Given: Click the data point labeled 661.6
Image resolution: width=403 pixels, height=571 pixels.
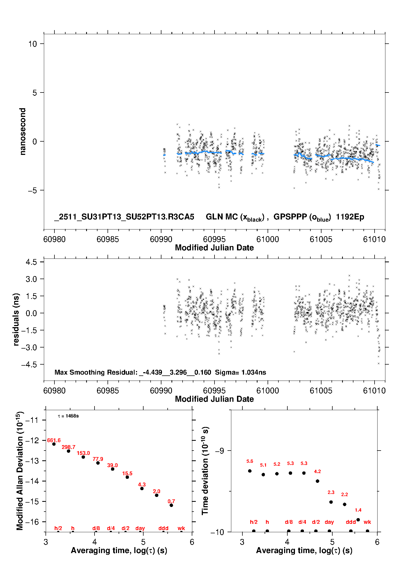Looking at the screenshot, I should coord(54,444).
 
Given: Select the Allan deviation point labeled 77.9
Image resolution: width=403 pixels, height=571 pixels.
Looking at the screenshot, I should coord(98,463).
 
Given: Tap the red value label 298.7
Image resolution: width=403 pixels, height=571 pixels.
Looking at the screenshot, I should coord(69,447).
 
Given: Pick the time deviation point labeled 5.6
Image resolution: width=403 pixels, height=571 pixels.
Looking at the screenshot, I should coord(250,471).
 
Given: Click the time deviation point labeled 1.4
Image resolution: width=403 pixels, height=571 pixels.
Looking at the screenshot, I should coord(358,520).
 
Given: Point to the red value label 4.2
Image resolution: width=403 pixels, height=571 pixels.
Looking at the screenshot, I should coord(317,471).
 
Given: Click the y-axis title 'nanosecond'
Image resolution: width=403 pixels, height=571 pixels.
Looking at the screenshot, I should coord(23,132).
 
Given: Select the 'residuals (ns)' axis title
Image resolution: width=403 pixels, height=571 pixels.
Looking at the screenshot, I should coord(16,320).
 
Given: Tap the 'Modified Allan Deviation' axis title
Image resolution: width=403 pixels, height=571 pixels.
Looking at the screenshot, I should coord(20,471).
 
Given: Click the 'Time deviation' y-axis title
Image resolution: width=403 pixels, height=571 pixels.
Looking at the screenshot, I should coord(205,471).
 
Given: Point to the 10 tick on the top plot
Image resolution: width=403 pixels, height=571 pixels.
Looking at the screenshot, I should coord(33,44).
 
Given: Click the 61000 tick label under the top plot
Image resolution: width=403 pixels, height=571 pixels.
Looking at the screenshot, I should coord(268,239).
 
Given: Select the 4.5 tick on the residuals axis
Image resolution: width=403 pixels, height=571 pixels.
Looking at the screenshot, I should coord(31,262).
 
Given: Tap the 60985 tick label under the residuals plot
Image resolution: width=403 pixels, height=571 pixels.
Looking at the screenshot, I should coord(108,391).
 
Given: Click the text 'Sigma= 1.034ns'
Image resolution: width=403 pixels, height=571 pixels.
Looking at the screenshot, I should coord(240,372).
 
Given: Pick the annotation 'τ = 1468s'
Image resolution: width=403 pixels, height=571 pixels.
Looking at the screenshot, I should coord(68,416).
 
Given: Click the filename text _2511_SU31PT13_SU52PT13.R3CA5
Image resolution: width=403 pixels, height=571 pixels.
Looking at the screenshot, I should coord(124,217).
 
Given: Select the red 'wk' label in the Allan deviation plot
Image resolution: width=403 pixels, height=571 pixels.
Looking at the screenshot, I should coord(181,528).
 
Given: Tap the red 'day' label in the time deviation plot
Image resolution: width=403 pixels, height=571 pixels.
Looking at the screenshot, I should coord(329,522).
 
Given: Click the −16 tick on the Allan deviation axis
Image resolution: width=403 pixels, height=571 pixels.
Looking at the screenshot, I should coord(32,522).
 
